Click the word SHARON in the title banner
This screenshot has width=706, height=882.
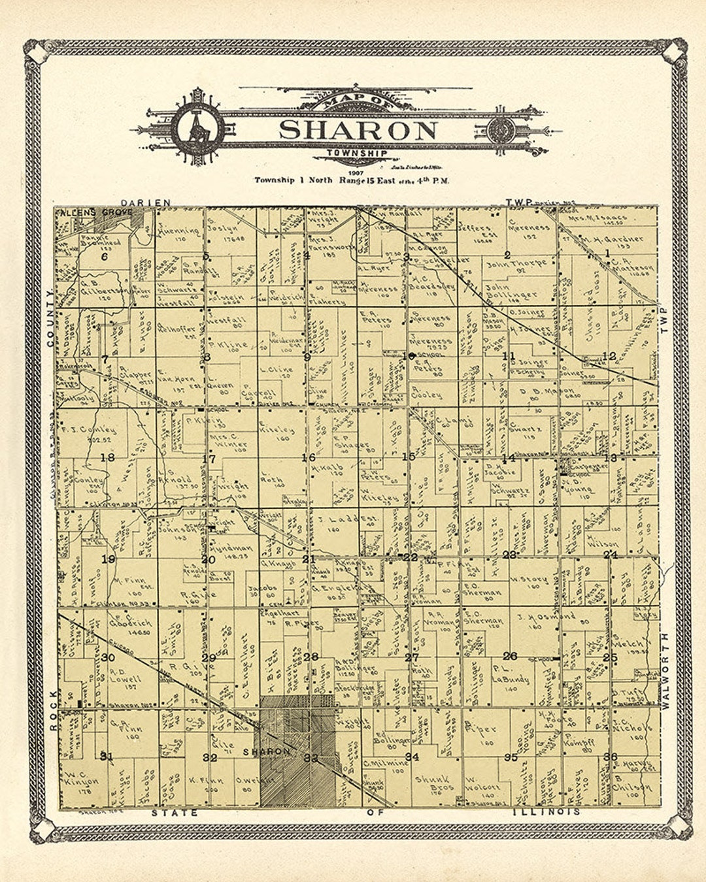coord(358,129)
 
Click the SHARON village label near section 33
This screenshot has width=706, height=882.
coord(266,751)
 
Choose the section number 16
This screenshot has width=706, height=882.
coord(308,457)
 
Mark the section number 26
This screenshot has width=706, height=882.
coord(510,656)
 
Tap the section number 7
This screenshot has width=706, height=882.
coord(105,359)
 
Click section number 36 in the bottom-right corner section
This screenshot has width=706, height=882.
coord(611,757)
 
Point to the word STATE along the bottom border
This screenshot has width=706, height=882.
coord(175,813)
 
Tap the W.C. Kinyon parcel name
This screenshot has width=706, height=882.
coord(82,781)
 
